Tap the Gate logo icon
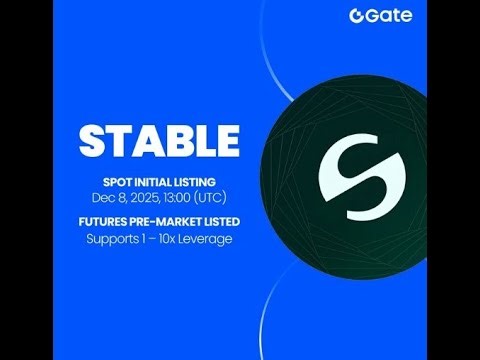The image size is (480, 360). coord(357,16)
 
